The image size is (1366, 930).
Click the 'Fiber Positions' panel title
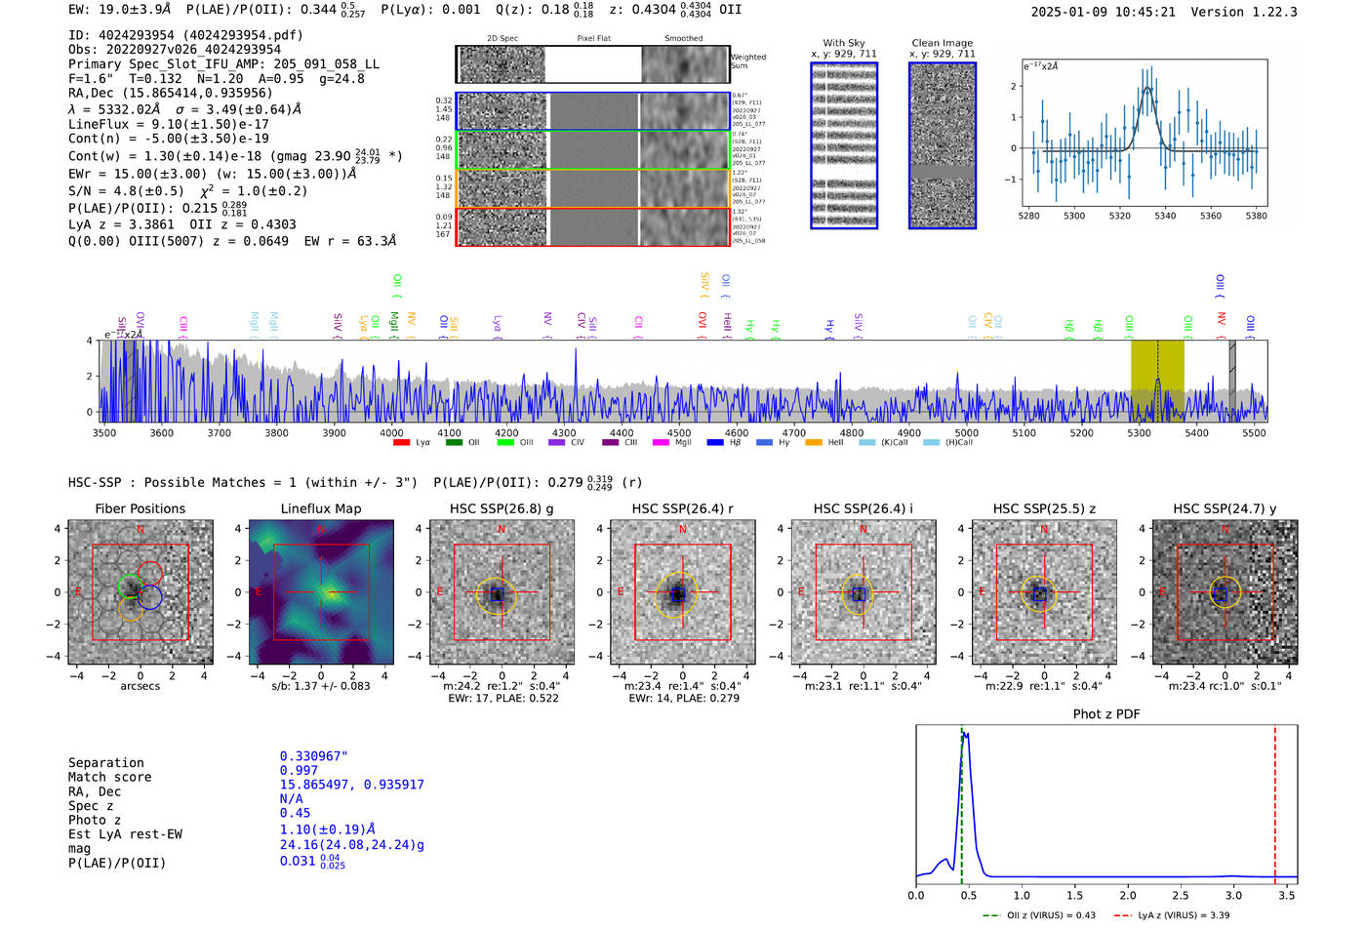coord(140,508)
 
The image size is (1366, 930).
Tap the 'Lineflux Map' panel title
coord(320,508)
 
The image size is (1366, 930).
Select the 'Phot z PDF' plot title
coord(1105,714)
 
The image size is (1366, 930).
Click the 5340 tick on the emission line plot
coord(1165,216)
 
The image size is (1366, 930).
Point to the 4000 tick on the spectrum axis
coord(391,433)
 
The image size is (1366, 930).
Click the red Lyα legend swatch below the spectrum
coord(401,443)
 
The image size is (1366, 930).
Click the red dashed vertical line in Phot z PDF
coord(1274,800)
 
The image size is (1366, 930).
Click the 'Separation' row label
coord(105,763)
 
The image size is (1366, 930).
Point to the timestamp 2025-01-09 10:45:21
coord(1103,12)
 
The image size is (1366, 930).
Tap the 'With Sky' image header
coord(843,43)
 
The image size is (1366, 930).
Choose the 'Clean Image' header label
coord(942,43)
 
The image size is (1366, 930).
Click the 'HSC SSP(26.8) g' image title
coord(502,508)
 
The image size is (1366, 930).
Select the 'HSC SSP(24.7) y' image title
coord(1225,508)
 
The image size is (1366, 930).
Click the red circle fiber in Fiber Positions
coord(150,574)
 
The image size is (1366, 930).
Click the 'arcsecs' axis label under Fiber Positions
coord(140,686)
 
